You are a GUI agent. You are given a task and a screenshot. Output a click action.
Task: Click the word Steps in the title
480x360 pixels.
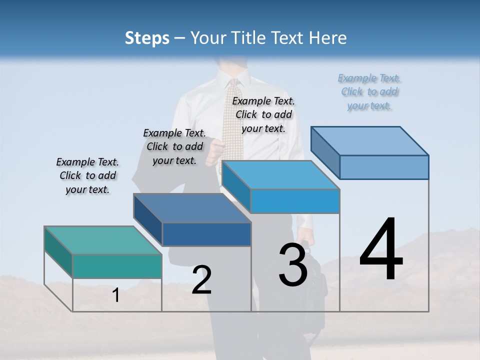point(147,38)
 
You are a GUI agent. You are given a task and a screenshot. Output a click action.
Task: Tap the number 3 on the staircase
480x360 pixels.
point(293,264)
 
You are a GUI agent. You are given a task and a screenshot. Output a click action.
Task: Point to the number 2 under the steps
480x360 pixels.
point(201,279)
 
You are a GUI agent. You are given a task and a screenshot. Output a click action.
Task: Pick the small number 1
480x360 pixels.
point(116,295)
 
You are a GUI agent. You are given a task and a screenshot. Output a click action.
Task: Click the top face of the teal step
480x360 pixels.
point(103,240)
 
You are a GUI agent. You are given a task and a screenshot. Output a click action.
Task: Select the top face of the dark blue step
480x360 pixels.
point(192,208)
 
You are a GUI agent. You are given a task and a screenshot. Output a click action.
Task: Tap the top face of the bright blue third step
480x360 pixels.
point(280,175)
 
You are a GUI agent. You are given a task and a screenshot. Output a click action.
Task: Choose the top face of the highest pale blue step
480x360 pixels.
point(369,141)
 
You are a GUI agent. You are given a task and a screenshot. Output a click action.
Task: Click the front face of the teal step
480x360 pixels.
point(117,266)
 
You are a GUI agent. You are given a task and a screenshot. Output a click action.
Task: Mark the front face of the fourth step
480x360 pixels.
point(384,167)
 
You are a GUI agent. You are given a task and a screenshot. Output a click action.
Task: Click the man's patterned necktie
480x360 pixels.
point(232,120)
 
